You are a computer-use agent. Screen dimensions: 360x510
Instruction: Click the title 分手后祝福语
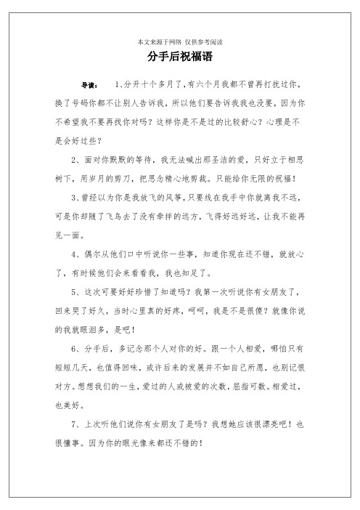click(x=179, y=56)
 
